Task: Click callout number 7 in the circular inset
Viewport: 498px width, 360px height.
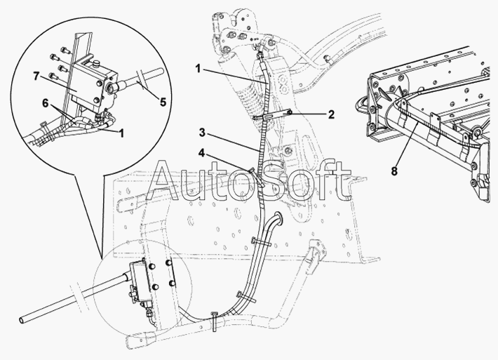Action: point(36,77)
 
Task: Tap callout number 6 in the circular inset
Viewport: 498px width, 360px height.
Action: point(46,103)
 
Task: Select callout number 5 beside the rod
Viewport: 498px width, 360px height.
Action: point(163,102)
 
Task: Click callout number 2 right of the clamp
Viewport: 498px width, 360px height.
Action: point(331,114)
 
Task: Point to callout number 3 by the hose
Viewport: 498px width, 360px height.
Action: point(203,133)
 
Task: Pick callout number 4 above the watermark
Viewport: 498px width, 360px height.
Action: point(202,153)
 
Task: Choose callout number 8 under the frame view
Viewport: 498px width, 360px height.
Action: point(394,171)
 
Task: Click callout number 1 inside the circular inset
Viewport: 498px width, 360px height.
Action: point(121,133)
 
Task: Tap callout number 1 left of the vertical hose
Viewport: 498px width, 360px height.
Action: point(198,69)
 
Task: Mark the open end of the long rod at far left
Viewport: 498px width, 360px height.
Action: point(22,319)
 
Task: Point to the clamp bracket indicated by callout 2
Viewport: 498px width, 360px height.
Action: point(273,114)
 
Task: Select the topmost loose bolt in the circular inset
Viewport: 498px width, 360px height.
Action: point(65,50)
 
